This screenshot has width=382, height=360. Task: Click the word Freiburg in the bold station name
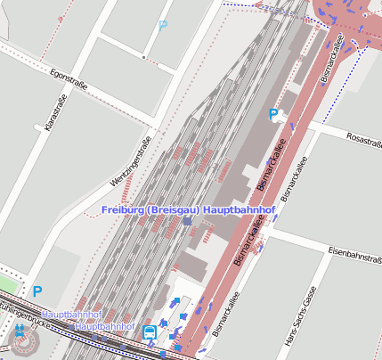[123, 209]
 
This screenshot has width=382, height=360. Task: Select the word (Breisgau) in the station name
[174, 209]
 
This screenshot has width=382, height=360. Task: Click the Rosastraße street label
[362, 140]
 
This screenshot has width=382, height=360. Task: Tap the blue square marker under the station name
[187, 220]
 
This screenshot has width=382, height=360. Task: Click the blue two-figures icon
[20, 331]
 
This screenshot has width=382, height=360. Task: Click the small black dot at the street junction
[143, 55]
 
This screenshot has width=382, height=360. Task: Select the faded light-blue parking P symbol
[162, 26]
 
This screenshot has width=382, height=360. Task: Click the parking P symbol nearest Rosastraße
[273, 114]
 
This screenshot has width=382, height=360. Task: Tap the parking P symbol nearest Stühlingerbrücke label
[37, 290]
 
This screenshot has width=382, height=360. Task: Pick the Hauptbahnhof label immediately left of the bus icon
[105, 327]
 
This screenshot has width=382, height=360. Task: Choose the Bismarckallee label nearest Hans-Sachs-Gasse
[225, 315]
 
